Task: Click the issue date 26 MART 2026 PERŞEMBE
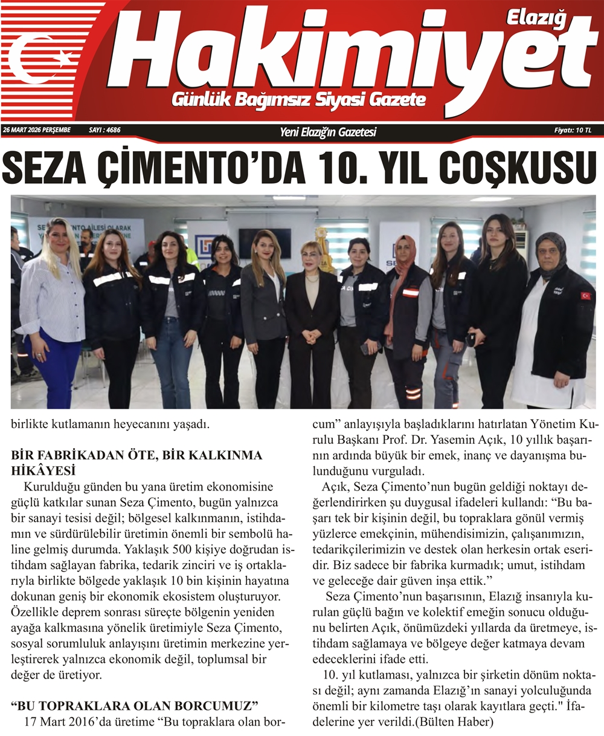point(36,130)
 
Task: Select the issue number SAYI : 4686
point(104,130)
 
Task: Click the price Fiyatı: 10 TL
point(573,130)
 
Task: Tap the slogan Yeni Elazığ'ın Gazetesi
point(328,131)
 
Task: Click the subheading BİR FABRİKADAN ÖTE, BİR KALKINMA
point(137,455)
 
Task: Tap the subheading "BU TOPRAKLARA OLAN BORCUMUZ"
point(135,705)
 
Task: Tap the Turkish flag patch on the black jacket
point(585,296)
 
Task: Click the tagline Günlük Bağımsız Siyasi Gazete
point(298,100)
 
